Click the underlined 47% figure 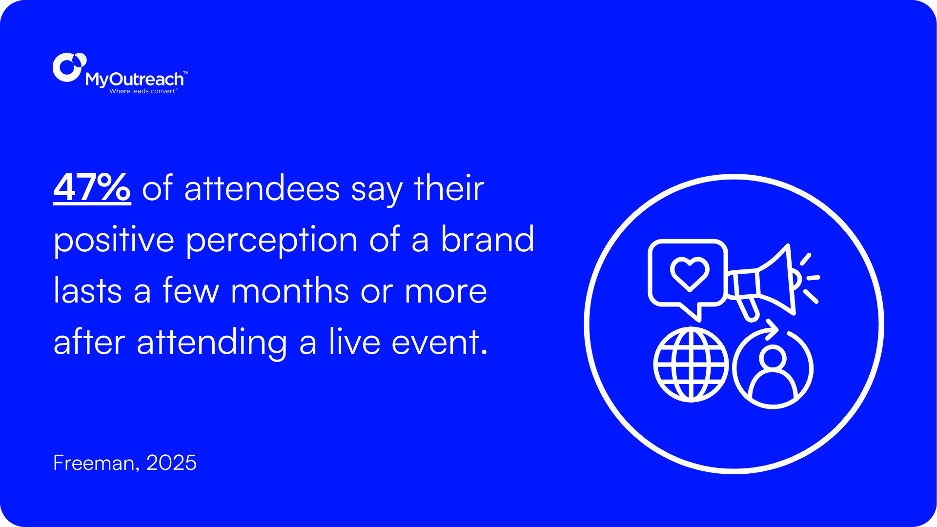pyautogui.click(x=92, y=188)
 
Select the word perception pyautogui.click(x=271, y=241)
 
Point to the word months pyautogui.click(x=289, y=291)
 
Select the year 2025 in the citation pyautogui.click(x=171, y=463)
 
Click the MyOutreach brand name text pyautogui.click(x=135, y=79)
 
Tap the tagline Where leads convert pyautogui.click(x=143, y=91)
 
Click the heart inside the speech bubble pyautogui.click(x=689, y=274)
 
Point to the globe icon pyautogui.click(x=691, y=365)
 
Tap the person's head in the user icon pyautogui.click(x=773, y=359)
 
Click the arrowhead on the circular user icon pyautogui.click(x=772, y=329)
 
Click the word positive pyautogui.click(x=113, y=241)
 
